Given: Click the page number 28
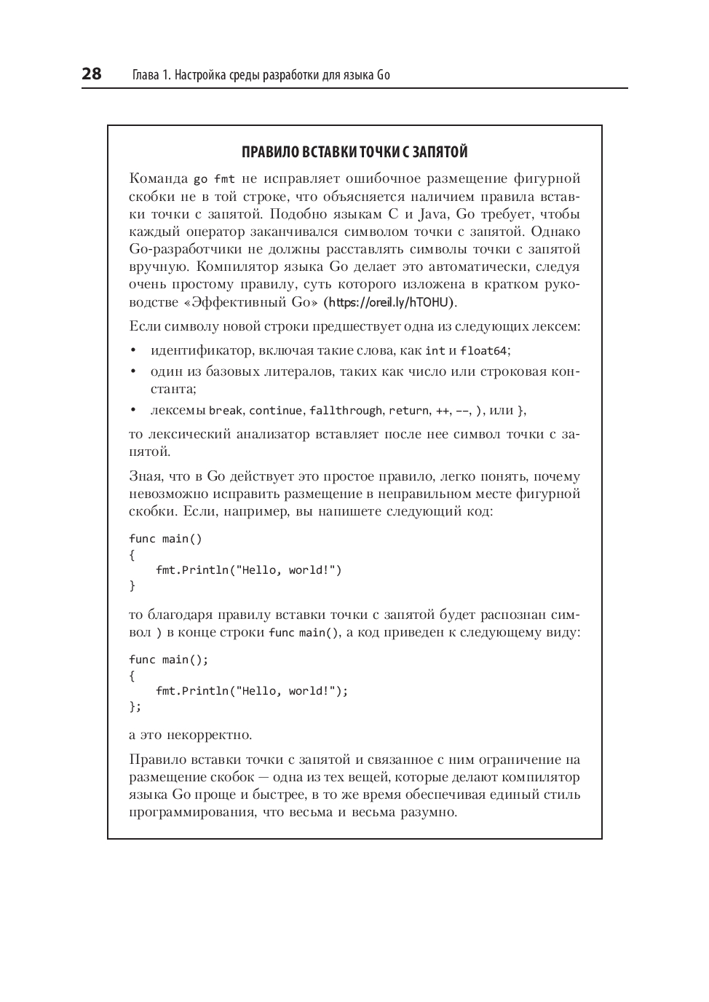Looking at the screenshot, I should [x=92, y=74].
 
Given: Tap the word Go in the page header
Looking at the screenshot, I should [x=384, y=75].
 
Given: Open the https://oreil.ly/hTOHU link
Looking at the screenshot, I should [x=389, y=302].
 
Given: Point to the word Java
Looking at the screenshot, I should [x=435, y=214].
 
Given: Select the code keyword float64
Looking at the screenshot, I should [x=483, y=350].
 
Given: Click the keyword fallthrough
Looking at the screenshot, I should [x=346, y=410].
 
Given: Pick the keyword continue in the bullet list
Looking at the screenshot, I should [x=275, y=410].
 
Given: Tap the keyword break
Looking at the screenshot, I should [x=225, y=410].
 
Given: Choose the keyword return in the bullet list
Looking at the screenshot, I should [x=408, y=410].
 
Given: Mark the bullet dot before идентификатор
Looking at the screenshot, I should [x=133, y=350].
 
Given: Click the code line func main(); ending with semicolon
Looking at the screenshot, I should [x=169, y=659].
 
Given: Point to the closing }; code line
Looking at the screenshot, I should [x=135, y=706].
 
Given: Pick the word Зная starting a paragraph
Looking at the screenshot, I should [x=146, y=477].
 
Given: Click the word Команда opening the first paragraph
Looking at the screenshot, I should [x=157, y=179].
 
